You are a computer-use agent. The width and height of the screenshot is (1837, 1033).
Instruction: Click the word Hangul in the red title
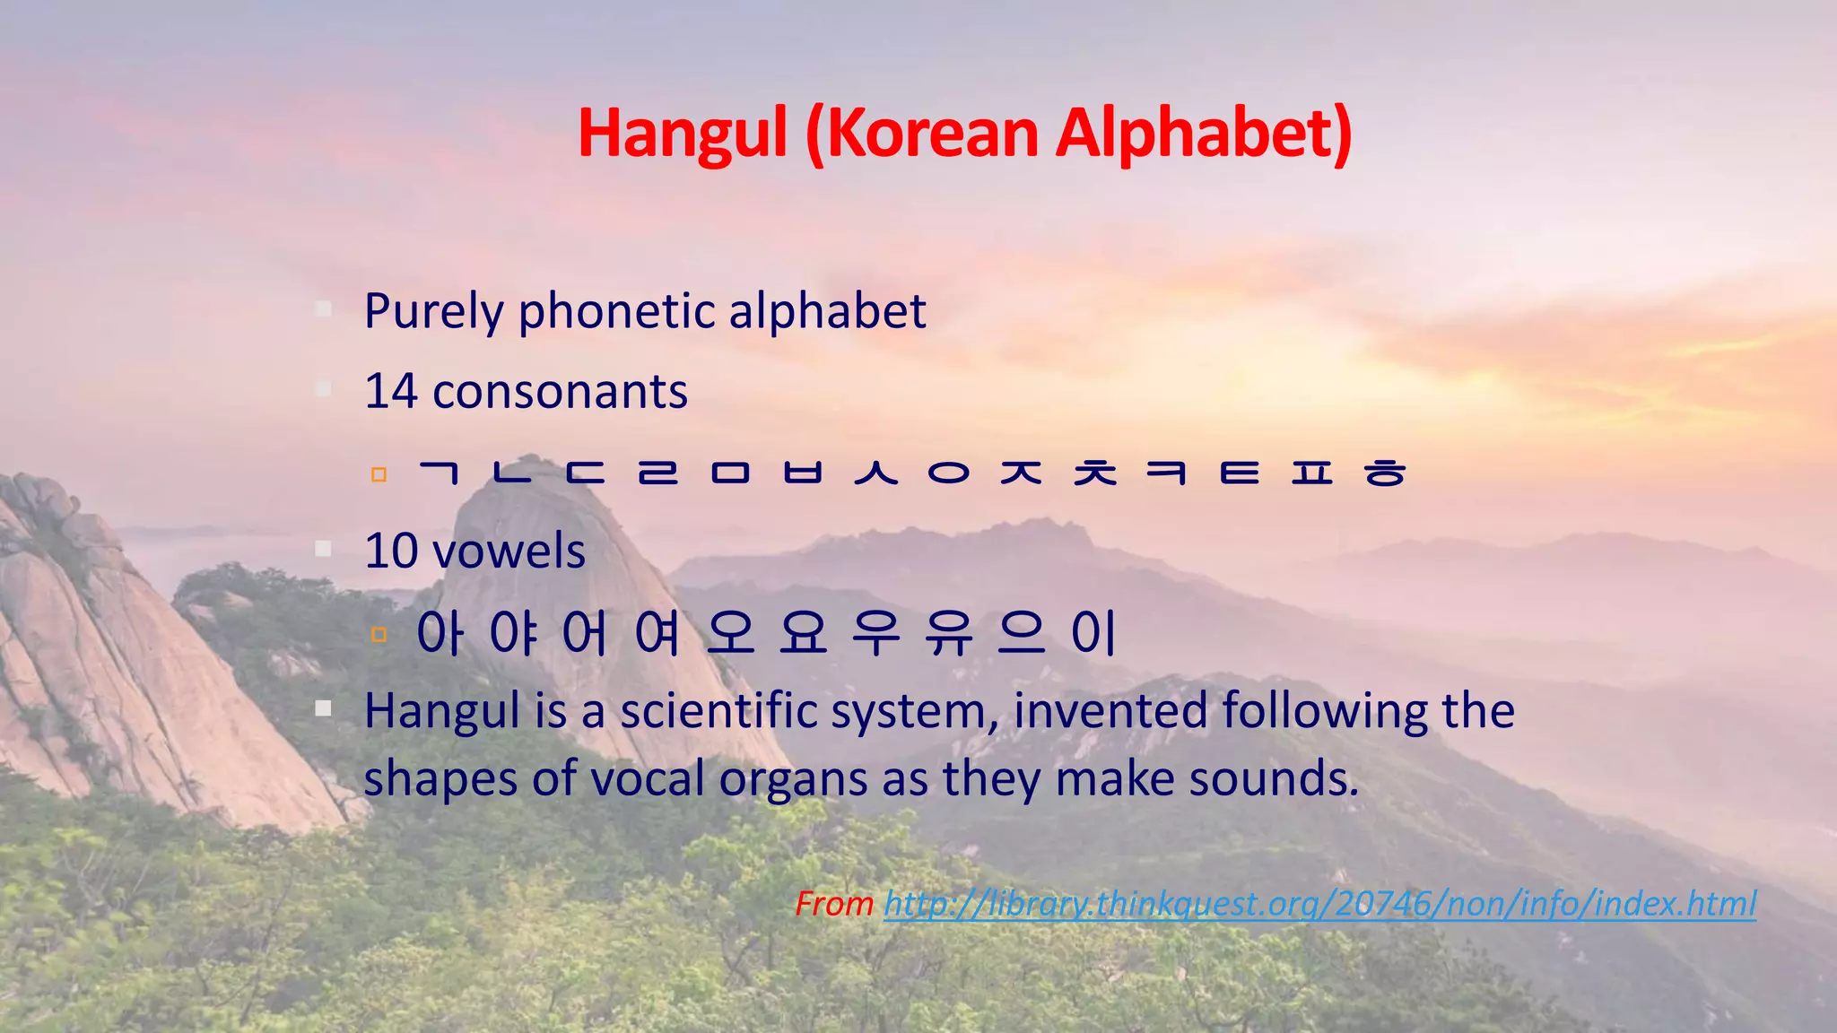pyautogui.click(x=683, y=133)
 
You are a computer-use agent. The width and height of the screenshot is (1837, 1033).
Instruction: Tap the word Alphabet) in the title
pyautogui.click(x=1203, y=133)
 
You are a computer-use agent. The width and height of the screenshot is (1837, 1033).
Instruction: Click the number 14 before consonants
pyautogui.click(x=391, y=391)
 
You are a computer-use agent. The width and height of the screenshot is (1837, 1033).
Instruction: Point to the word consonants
pyautogui.click(x=560, y=393)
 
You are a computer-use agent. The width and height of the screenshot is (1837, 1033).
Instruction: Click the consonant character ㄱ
pyautogui.click(x=440, y=472)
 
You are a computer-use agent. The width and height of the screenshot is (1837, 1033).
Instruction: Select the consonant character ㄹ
pyautogui.click(x=657, y=472)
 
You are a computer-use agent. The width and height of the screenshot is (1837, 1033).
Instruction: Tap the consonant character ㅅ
pyautogui.click(x=875, y=472)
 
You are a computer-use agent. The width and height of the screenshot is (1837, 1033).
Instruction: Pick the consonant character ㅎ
pyautogui.click(x=1384, y=472)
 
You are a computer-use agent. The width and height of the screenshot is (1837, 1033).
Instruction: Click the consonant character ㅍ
pyautogui.click(x=1311, y=472)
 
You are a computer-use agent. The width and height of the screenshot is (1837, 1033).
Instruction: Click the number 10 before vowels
pyautogui.click(x=391, y=551)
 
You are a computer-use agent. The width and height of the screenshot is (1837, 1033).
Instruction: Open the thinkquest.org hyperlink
pyautogui.click(x=1319, y=903)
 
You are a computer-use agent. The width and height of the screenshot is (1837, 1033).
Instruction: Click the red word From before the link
pyautogui.click(x=834, y=903)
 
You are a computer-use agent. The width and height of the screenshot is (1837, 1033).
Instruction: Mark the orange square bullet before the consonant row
pyautogui.click(x=379, y=473)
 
